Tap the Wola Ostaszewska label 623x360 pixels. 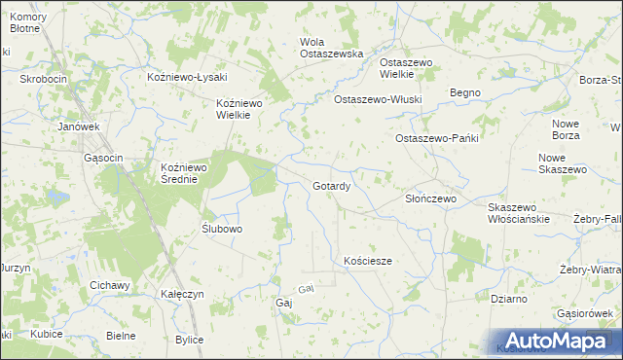(331, 48)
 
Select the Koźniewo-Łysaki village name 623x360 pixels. (186, 77)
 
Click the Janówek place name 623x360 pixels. (79, 126)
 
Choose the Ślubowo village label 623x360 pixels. (222, 229)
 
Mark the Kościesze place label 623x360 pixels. (368, 261)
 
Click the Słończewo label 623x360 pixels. (430, 198)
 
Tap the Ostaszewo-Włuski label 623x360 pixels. (378, 99)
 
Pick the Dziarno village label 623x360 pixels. (509, 299)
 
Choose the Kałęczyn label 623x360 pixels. (183, 293)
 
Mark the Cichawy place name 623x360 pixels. (109, 284)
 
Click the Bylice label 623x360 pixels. (189, 339)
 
